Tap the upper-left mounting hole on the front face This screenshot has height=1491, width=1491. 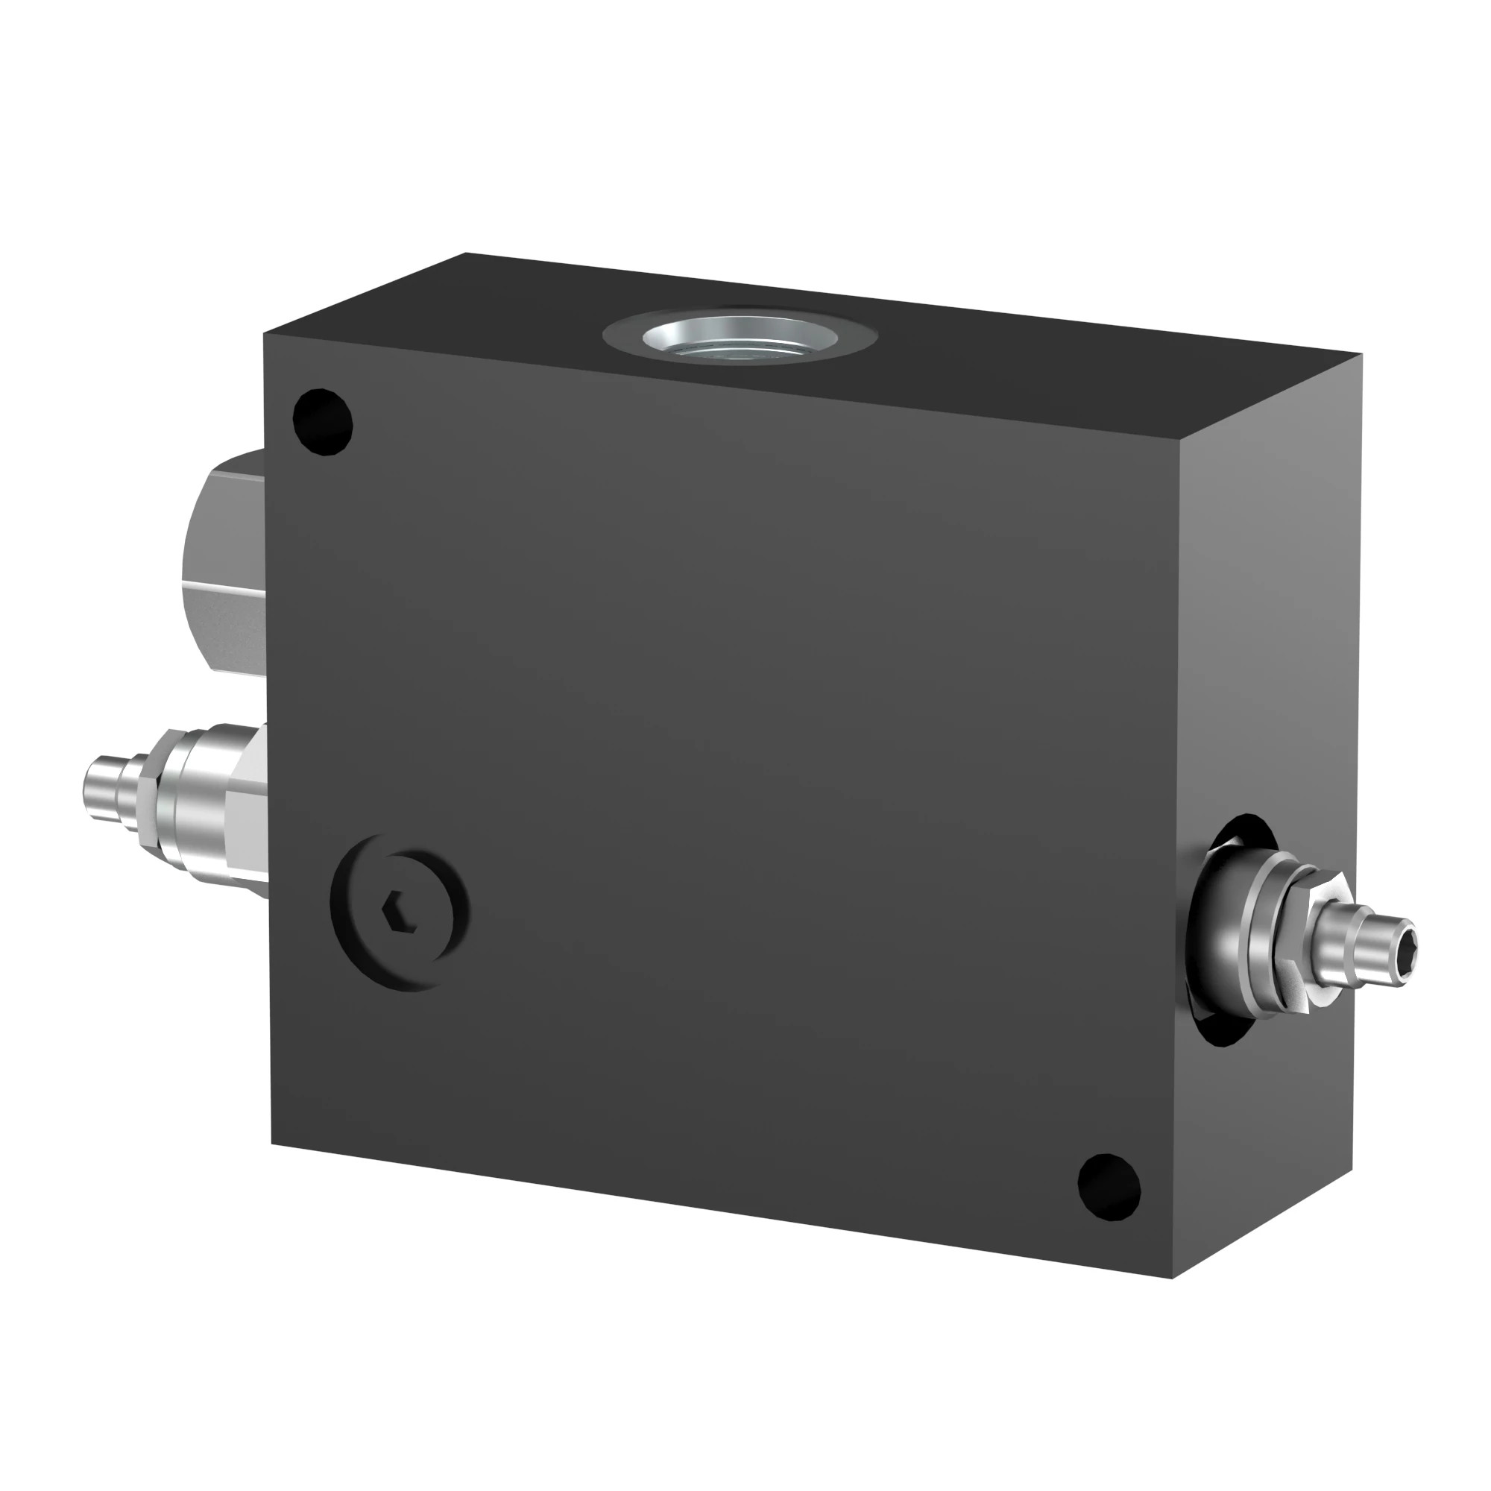(324, 422)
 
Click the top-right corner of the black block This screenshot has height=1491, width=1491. (1360, 355)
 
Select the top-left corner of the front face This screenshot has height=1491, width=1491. (264, 333)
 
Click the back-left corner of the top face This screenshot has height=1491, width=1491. (466, 253)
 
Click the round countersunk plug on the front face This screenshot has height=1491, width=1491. (400, 911)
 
